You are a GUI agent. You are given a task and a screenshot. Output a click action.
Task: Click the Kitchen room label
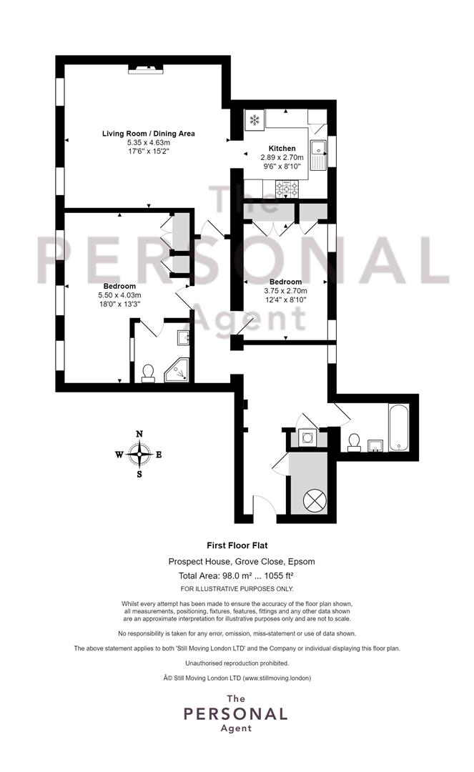click(x=282, y=148)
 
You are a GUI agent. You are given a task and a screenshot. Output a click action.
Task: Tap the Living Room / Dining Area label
click(x=148, y=134)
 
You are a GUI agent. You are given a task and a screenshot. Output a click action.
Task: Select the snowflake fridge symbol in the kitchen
click(x=255, y=119)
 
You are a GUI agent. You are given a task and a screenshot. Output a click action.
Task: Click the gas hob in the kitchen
click(x=287, y=187)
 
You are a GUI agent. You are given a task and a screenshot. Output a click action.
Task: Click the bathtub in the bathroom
click(x=398, y=427)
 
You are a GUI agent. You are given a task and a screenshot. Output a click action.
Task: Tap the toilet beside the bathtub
click(x=353, y=442)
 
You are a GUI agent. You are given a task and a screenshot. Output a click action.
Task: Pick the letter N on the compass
click(x=139, y=434)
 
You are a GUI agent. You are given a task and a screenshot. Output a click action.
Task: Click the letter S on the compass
click(x=139, y=475)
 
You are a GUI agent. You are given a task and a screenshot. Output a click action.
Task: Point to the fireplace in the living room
click(x=146, y=69)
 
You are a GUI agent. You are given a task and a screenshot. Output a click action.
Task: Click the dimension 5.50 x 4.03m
click(x=119, y=295)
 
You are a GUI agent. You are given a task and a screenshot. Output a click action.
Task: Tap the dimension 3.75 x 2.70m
click(x=285, y=290)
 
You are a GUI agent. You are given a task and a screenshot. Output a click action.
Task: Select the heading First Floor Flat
click(x=237, y=545)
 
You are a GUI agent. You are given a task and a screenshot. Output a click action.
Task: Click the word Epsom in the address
click(x=301, y=561)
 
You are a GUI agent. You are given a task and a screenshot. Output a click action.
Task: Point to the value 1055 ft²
click(x=279, y=575)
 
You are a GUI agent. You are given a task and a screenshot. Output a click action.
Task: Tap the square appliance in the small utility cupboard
click(x=308, y=437)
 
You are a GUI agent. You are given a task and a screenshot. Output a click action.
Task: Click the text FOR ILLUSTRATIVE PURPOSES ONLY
click(x=237, y=589)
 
